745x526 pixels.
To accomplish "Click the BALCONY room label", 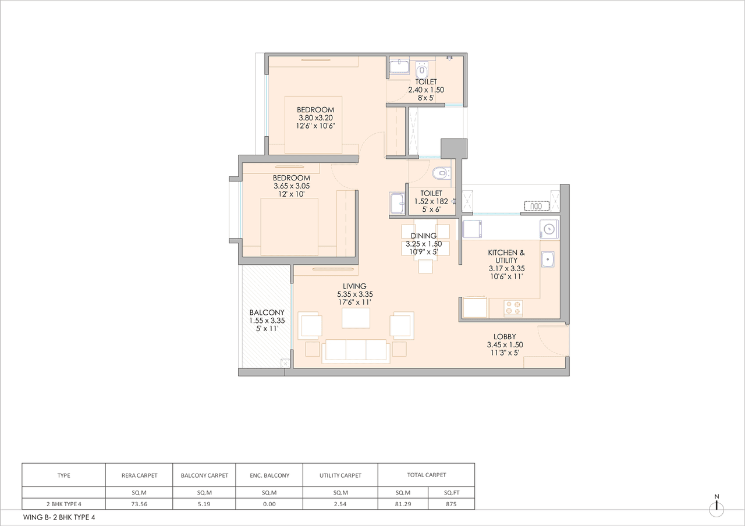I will coord(267,312).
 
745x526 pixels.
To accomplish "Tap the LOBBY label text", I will coord(505,336).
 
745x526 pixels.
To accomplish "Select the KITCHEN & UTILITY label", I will coord(506,253).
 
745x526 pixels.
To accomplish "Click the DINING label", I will coord(423,236).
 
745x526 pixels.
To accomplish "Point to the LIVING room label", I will coord(354,286).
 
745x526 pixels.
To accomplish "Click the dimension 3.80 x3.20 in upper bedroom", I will coord(315,117).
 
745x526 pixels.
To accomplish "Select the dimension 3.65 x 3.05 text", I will coord(292,186).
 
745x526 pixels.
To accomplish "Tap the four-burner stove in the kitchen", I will coord(512,308).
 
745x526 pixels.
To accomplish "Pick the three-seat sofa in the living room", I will coord(356,350).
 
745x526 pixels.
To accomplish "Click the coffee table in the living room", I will coord(356,318).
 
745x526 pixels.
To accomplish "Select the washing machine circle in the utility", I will coord(548,229).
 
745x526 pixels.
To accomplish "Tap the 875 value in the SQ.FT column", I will coord(450,504).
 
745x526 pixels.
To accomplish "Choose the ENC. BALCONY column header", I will coord(269,475).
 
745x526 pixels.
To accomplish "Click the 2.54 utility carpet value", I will coord(340,504).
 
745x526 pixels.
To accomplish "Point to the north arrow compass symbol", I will coord(716,507).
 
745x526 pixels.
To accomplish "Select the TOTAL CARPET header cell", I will coord(426,475).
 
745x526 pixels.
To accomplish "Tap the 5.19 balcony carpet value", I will coord(204,504).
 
